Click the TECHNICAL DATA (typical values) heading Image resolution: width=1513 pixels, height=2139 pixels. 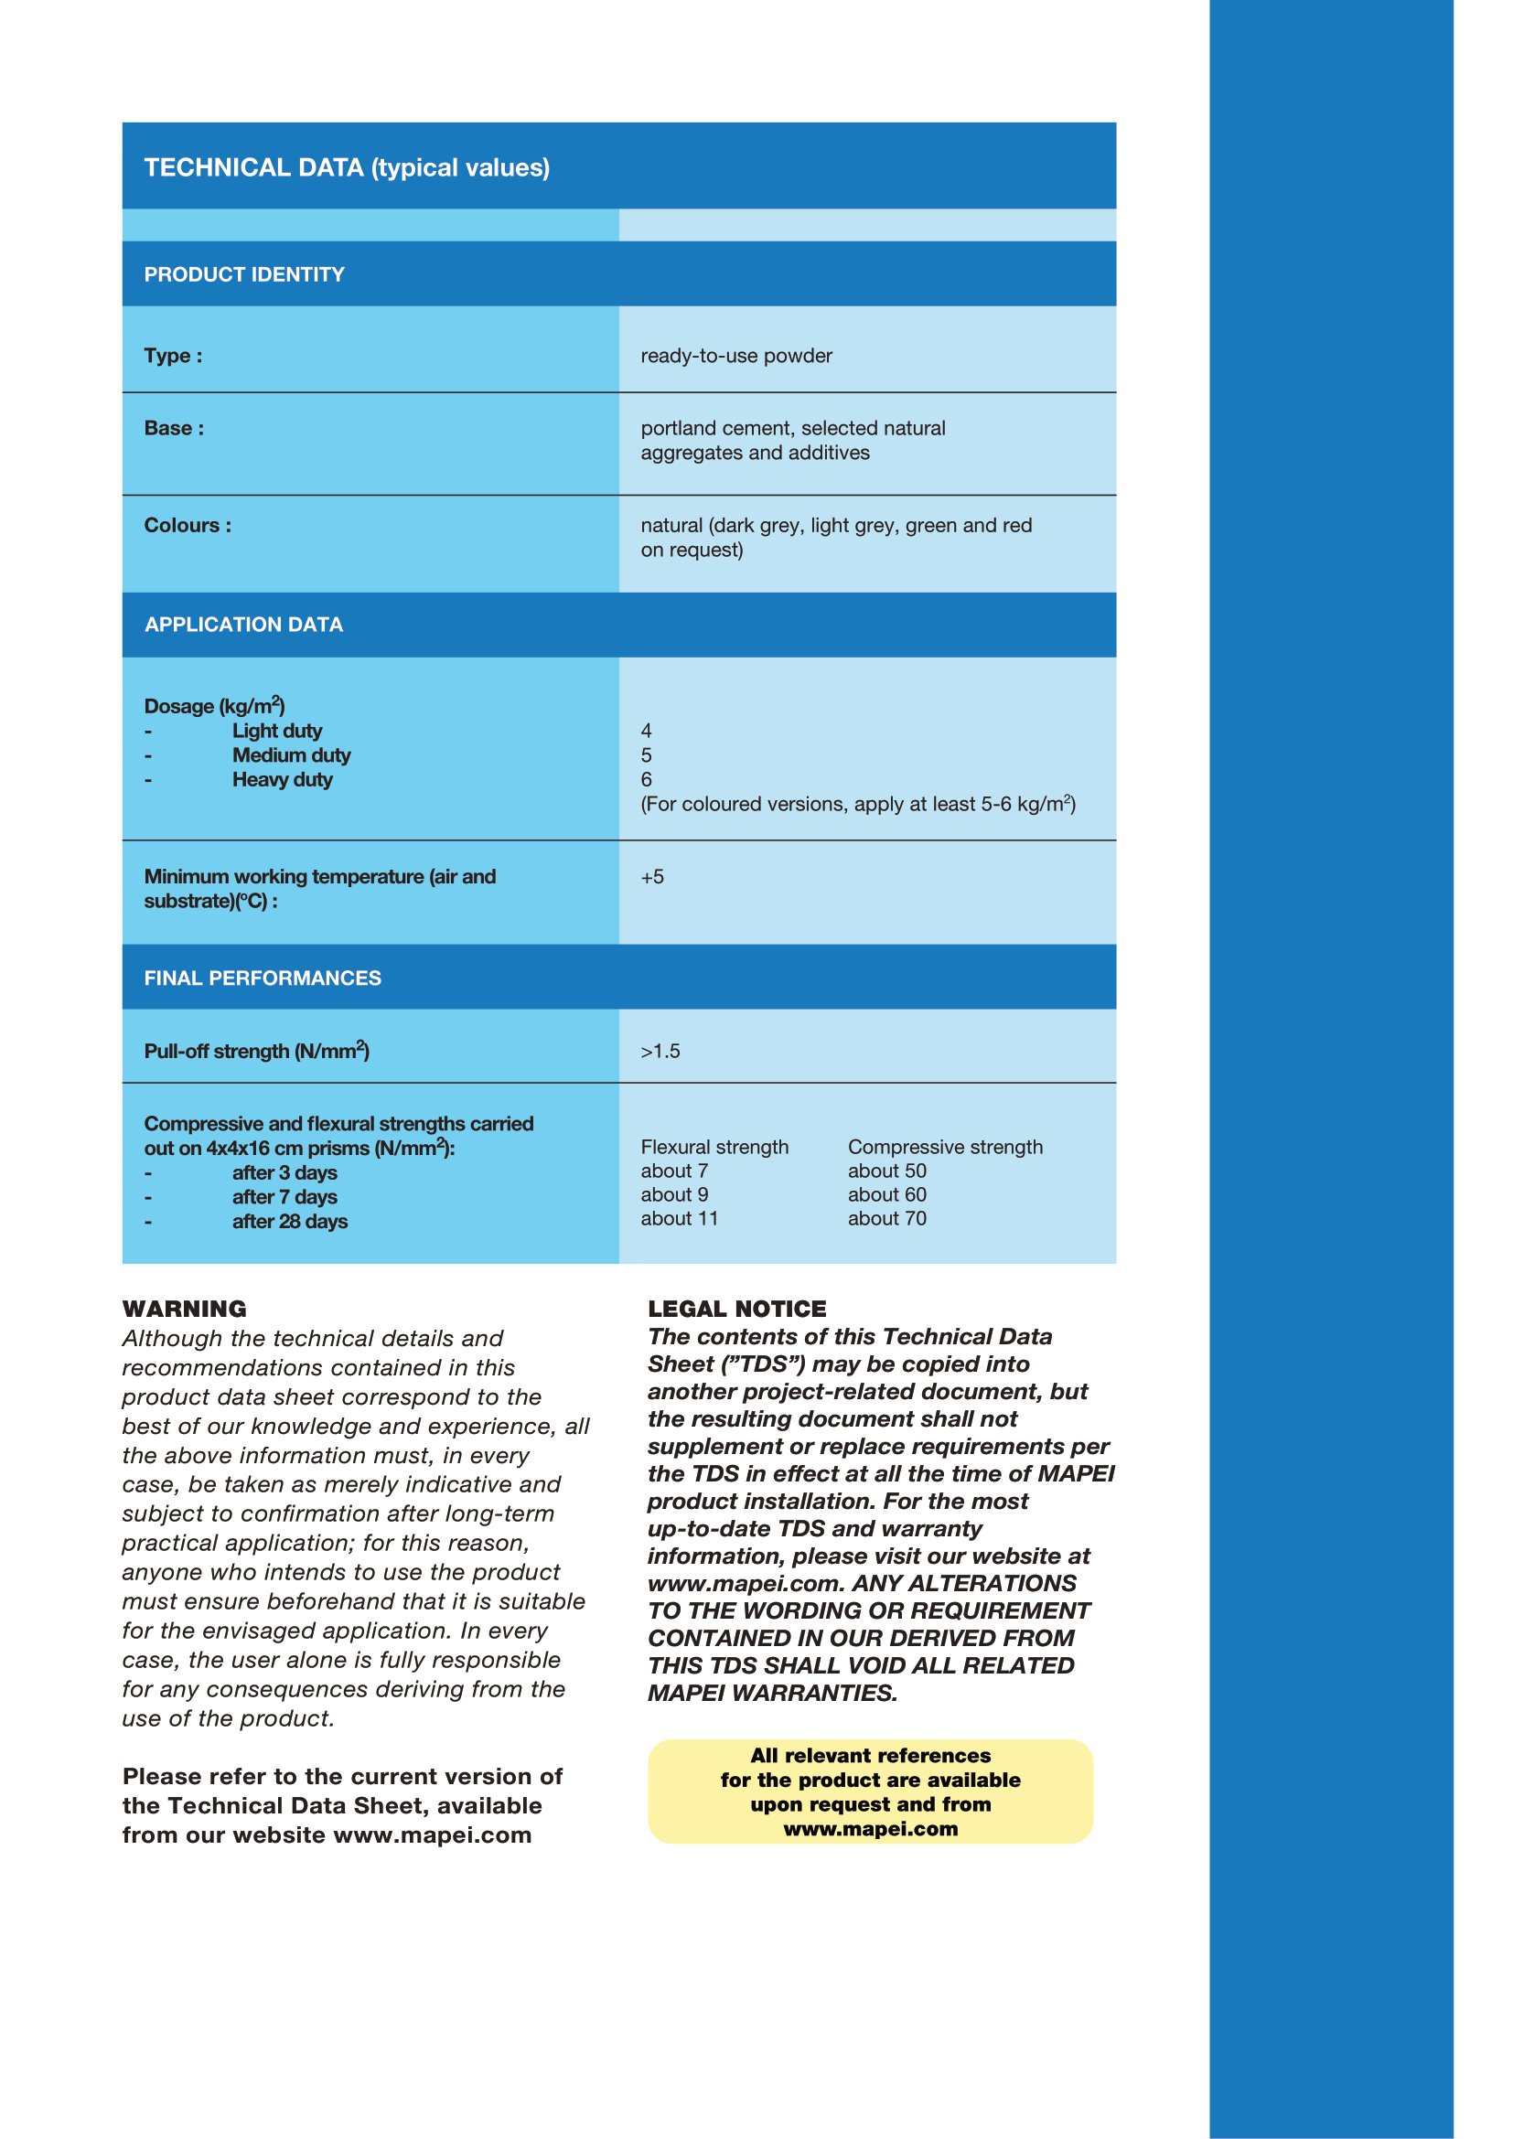(347, 167)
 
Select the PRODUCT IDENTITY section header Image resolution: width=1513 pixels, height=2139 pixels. (244, 275)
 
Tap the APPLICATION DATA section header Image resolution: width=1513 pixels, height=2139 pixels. (244, 626)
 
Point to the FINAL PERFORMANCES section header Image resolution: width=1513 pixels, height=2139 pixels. (263, 979)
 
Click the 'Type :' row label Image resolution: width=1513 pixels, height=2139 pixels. (173, 356)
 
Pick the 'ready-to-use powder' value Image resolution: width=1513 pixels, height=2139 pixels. (736, 356)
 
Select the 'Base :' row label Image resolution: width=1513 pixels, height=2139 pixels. (174, 429)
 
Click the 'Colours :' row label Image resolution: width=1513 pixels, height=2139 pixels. (188, 526)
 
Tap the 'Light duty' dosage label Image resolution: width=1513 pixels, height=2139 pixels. (276, 732)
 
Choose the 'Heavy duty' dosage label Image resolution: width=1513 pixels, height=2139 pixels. (283, 780)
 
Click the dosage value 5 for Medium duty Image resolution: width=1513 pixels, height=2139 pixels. (647, 755)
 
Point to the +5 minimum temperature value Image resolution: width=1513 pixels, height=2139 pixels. (652, 877)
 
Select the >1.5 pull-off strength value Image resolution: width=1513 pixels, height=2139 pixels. (660, 1052)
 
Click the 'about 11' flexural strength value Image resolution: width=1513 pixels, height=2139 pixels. (679, 1218)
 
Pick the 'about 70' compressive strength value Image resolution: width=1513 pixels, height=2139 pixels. (887, 1218)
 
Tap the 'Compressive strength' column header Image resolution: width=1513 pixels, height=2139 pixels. (945, 1147)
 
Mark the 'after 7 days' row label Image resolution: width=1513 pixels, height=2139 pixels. (284, 1197)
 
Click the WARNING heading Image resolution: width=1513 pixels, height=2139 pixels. (185, 1309)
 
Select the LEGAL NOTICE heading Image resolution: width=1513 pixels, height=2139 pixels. (737, 1309)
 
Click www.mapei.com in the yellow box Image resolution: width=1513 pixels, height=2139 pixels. (870, 1829)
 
